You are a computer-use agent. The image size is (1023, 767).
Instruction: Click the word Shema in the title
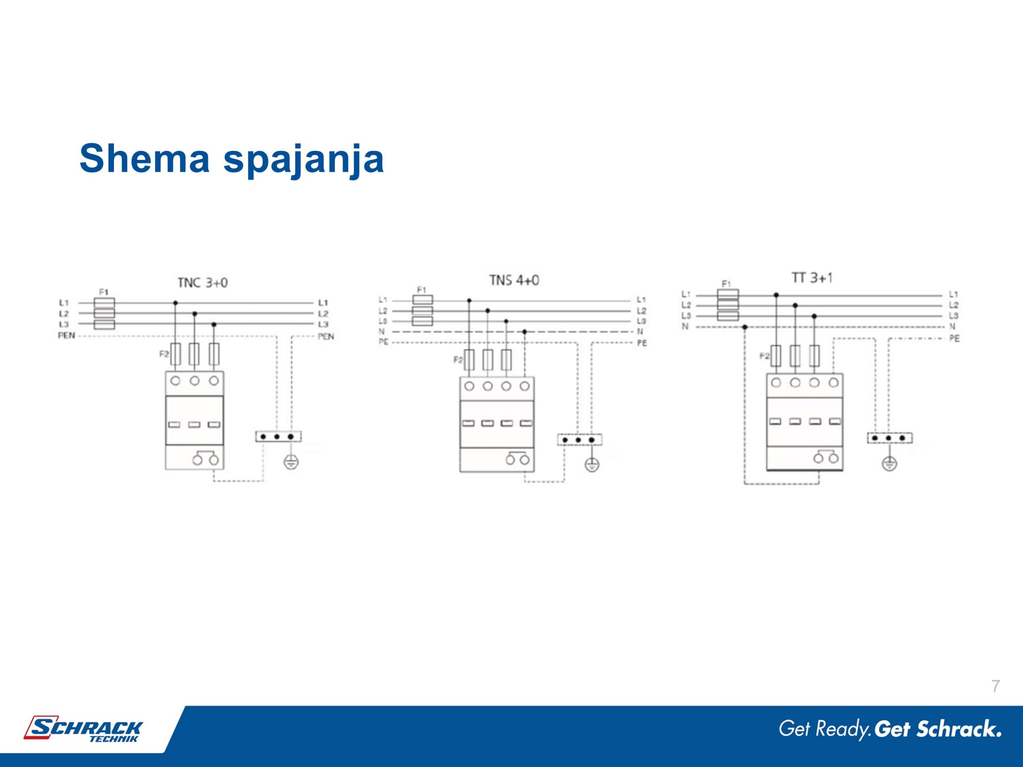[x=144, y=158]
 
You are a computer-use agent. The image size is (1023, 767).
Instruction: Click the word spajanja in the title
[x=303, y=160]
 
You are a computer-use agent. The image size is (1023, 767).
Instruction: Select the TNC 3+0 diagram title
[x=203, y=282]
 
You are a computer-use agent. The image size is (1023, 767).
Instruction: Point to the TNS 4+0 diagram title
[x=514, y=280]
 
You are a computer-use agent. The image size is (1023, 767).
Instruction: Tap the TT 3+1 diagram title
[x=812, y=278]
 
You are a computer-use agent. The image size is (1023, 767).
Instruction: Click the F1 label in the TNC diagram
[x=103, y=292]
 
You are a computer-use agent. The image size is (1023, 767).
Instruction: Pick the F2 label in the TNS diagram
[x=458, y=360]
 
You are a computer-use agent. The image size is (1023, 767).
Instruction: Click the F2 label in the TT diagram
[x=764, y=356]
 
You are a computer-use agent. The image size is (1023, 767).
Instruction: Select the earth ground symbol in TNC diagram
[x=291, y=462]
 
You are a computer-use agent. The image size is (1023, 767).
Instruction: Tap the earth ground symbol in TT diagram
[x=890, y=463]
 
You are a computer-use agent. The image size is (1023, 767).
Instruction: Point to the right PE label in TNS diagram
[x=642, y=343]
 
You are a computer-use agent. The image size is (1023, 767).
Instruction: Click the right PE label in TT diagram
[x=955, y=338]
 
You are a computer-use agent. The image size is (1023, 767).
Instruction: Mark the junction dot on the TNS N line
[x=524, y=332]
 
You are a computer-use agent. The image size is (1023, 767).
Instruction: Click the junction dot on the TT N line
[x=744, y=327]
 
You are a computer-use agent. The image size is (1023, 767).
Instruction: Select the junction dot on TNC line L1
[x=175, y=303]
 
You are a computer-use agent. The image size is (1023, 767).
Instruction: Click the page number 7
[x=996, y=686]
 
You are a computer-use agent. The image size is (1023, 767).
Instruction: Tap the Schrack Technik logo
[x=84, y=729]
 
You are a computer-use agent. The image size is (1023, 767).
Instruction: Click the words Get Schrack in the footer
[x=938, y=729]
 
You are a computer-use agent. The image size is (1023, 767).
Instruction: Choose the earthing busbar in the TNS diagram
[x=579, y=440]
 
